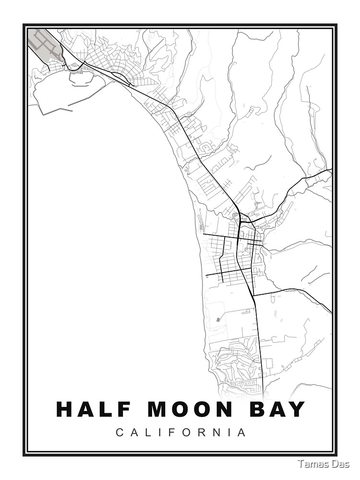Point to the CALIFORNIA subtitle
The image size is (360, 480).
(x=181, y=432)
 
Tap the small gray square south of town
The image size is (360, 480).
(x=218, y=319)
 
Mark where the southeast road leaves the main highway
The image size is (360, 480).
(x=253, y=295)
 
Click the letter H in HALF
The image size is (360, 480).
(x=65, y=409)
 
